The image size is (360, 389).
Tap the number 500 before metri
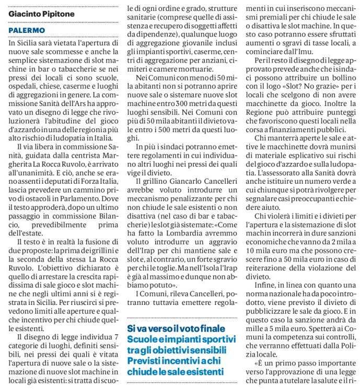coord(165,124)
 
